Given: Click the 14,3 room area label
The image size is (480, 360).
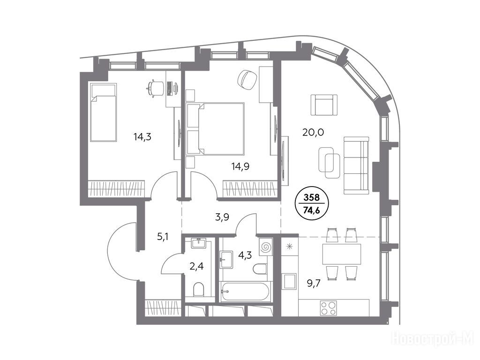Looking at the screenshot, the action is point(142,136).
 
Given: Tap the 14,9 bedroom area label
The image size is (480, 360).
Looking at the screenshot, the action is point(240,166).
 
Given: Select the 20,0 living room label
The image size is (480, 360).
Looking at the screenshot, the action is point(313,132).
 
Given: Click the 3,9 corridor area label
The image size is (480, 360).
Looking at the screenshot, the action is point(222,217).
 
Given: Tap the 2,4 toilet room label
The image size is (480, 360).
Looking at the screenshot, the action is point(196,266).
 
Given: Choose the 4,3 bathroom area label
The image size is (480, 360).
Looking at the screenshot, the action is point(245,255).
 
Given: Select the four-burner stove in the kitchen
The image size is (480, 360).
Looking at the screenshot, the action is point(328,308).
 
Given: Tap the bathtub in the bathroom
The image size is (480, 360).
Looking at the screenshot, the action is point(245,291).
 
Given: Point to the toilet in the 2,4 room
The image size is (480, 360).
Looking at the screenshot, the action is point(199,289).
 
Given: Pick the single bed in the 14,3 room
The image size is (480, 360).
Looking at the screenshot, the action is point(104,112).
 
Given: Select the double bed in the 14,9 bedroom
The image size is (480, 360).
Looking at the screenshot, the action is point(221,128).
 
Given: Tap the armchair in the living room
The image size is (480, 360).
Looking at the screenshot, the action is point(324,105).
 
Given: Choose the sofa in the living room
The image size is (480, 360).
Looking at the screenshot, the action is point(356,165).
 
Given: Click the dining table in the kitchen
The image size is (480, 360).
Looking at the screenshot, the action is point(342,254).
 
